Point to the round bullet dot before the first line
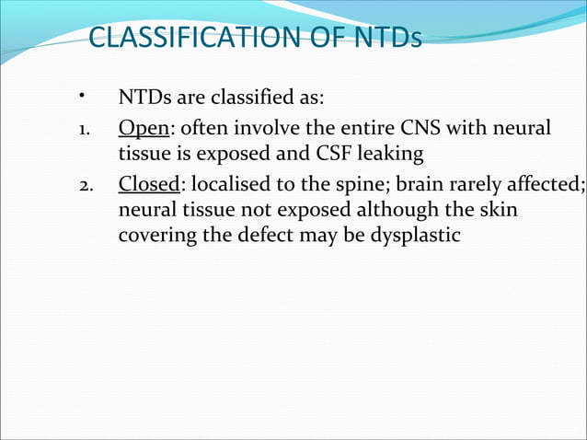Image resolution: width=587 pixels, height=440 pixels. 82,95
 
